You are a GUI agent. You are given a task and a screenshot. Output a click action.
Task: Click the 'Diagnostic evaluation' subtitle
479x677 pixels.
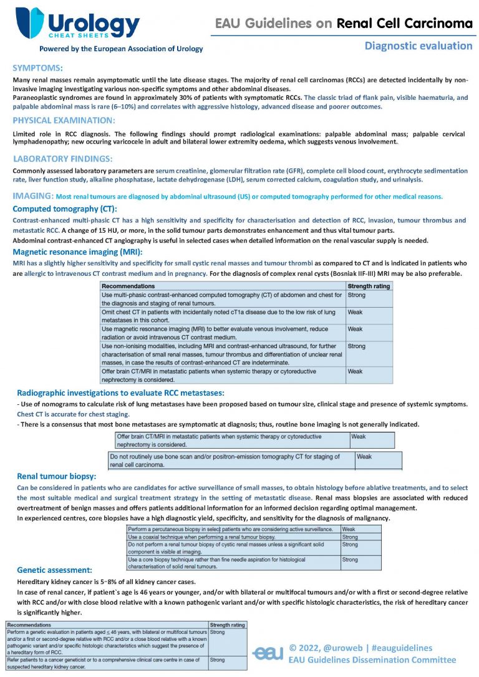(418, 46)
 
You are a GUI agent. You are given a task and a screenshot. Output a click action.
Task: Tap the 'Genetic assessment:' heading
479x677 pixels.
(55, 570)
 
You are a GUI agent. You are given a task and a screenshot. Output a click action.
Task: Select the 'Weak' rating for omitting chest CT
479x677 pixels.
(355, 311)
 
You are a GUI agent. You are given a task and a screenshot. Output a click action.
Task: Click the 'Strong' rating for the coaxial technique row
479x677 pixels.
(350, 537)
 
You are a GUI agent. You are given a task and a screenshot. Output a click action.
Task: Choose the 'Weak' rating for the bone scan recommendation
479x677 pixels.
(364, 457)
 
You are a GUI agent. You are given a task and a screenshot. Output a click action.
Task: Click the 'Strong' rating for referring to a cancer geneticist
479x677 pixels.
(218, 659)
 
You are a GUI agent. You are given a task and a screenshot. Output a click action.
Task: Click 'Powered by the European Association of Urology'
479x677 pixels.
(121, 49)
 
